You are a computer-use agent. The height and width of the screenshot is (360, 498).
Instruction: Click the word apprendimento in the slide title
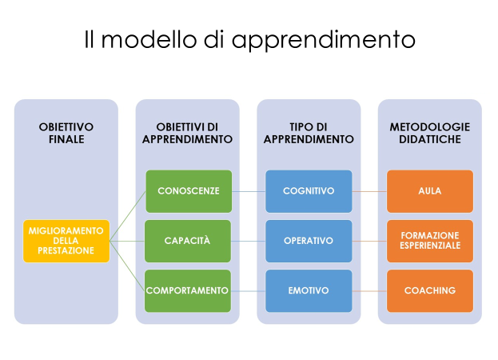tap(323, 40)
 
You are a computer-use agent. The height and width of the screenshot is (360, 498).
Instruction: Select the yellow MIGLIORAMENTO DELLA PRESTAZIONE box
tap(66, 241)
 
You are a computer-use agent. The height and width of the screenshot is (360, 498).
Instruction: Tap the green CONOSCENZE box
tap(189, 191)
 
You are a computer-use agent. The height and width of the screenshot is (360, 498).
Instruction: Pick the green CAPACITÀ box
tap(188, 241)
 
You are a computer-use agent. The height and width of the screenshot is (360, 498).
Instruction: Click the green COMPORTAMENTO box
tap(188, 290)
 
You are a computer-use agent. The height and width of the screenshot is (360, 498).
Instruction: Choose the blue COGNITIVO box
tap(309, 191)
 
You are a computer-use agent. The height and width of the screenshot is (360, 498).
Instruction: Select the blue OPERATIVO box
tap(309, 241)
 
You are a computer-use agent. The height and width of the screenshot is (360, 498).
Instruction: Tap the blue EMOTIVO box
tap(309, 290)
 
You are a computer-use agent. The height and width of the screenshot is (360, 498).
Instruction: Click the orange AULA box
tap(430, 191)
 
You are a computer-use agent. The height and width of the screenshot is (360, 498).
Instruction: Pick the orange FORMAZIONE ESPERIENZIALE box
tap(430, 241)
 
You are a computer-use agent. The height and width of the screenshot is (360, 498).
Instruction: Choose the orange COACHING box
tap(430, 290)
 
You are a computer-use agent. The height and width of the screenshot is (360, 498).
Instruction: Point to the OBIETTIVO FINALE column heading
tap(66, 133)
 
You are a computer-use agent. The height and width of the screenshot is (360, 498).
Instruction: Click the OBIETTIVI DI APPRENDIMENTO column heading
tap(187, 133)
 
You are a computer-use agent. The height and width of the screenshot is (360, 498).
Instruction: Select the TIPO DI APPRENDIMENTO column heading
tap(309, 133)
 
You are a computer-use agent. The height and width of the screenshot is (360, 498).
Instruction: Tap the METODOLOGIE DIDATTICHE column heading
tap(430, 133)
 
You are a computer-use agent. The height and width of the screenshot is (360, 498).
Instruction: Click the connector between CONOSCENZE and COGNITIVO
tap(249, 191)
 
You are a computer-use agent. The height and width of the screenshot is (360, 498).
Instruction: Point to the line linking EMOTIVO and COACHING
tap(369, 290)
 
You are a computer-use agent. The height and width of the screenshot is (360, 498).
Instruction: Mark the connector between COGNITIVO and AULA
tap(369, 191)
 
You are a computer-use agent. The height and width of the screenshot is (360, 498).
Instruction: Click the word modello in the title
tap(149, 39)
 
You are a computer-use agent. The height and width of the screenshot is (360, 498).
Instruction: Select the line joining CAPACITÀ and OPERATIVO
tap(249, 241)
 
